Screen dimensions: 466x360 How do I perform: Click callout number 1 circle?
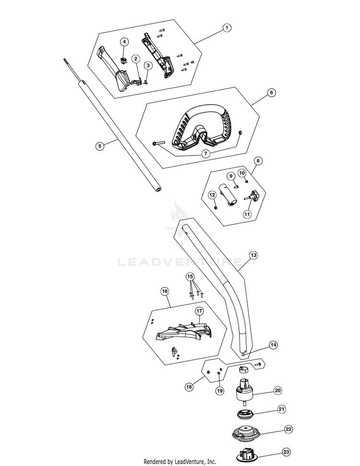226,28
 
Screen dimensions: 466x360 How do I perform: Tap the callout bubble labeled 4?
124,42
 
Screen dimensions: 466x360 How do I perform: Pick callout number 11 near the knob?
247,215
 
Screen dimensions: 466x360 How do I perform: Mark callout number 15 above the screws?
191,276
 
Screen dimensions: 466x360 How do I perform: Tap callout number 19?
220,391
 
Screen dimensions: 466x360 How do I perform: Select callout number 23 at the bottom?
286,452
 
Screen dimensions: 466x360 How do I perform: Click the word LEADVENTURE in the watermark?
180,262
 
